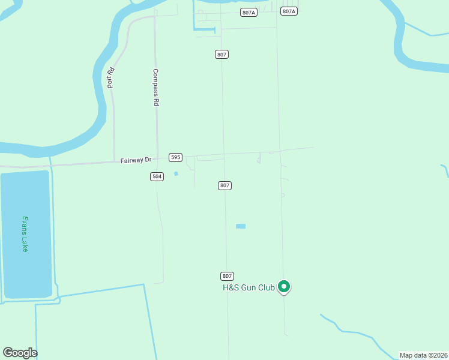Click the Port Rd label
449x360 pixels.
111,79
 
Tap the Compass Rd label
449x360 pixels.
155,88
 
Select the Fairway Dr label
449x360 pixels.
135,160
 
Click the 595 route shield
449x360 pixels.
175,157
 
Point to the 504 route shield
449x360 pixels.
157,176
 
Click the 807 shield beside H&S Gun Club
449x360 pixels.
226,276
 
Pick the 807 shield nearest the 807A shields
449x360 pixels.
221,55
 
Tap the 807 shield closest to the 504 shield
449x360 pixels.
224,186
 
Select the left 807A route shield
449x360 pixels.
248,12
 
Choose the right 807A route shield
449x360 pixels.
289,11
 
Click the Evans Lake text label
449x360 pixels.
25,233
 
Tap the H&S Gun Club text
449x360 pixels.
249,288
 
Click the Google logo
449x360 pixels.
20,353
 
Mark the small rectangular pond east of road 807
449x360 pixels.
241,226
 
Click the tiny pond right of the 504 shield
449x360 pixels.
176,174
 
